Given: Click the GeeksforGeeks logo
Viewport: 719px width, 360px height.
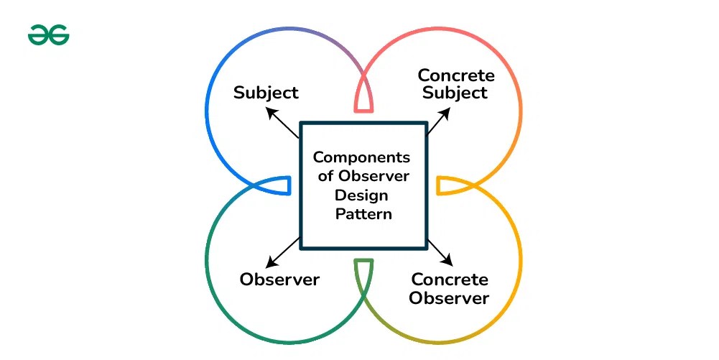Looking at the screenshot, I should [x=49, y=34].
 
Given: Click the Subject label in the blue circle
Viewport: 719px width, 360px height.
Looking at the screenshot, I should [x=266, y=93].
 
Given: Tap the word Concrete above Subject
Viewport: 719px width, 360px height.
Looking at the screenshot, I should [x=456, y=75].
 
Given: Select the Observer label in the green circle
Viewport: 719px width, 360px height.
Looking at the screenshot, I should [x=279, y=280].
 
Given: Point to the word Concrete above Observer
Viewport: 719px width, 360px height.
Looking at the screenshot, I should [x=450, y=280].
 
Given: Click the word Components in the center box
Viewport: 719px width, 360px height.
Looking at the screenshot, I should [x=361, y=157].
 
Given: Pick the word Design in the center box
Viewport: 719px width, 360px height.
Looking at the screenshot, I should [x=361, y=195].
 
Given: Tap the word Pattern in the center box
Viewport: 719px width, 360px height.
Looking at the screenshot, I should [x=363, y=213].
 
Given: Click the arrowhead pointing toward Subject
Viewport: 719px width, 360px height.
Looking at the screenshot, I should [x=270, y=111].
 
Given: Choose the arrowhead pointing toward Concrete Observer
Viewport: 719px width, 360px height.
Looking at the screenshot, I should [x=449, y=262].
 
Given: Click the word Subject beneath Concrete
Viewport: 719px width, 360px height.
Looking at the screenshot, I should [x=455, y=93].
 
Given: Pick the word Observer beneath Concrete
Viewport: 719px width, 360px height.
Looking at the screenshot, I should [x=450, y=297].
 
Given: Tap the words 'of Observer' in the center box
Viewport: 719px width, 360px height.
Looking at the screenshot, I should [x=363, y=176].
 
